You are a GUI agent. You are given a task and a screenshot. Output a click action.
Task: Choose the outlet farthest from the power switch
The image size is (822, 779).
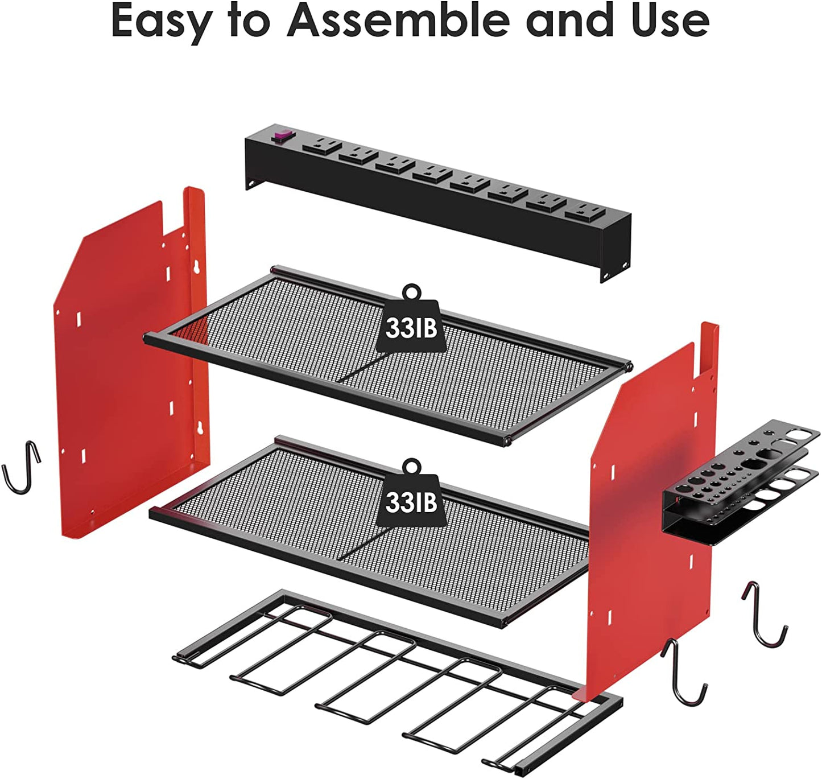point(585,211)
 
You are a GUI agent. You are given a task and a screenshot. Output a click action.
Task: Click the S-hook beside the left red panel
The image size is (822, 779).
point(22,468)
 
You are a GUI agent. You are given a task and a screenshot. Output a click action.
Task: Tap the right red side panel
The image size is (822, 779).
point(648,512)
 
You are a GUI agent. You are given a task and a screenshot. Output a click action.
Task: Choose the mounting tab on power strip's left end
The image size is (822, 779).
point(250,183)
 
